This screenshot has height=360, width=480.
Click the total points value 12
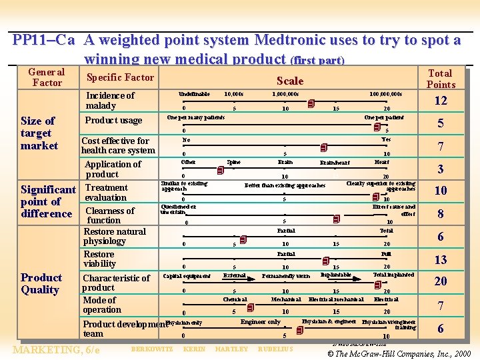tap(440, 101)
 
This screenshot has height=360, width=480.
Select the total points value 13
tap(440, 261)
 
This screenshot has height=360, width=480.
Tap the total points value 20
tap(440, 281)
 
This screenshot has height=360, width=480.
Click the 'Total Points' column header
tap(440, 79)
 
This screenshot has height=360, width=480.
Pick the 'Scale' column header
tap(289, 81)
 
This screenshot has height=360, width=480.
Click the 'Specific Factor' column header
tap(120, 77)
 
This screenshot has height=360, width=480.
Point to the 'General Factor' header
tap(47, 77)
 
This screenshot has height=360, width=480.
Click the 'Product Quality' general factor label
tap(41, 283)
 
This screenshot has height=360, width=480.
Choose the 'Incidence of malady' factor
tap(110, 100)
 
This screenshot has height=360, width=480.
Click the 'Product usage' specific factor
tap(113, 120)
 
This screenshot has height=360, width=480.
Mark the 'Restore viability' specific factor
tap(99, 259)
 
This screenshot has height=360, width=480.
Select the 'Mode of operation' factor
tap(102, 305)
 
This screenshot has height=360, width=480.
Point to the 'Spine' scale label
tap(234, 162)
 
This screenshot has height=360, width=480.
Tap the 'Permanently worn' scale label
tap(286, 275)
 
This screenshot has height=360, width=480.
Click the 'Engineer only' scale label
tap(261, 322)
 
